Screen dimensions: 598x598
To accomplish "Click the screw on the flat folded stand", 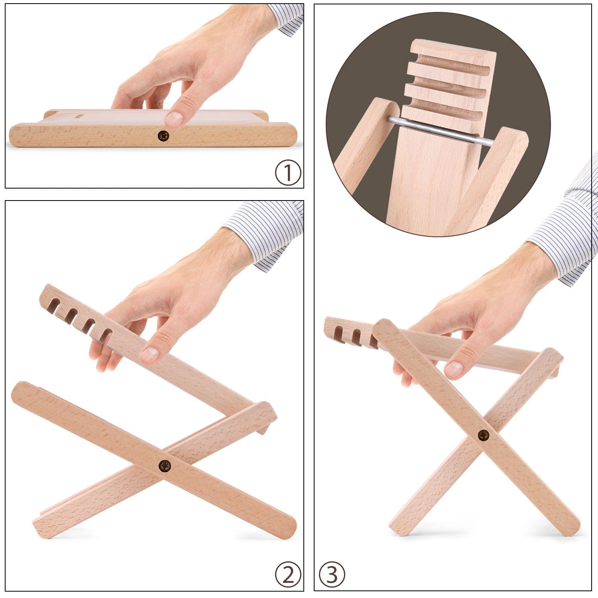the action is [x=163, y=136].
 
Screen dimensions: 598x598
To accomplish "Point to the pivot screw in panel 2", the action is [x=165, y=465].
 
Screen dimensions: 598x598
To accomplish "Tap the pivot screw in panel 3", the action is [x=484, y=435].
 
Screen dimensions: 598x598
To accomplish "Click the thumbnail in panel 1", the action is [x=174, y=119].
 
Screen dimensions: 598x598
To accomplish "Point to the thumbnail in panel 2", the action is [x=150, y=354].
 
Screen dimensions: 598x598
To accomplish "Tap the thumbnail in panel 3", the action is [x=454, y=370].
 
